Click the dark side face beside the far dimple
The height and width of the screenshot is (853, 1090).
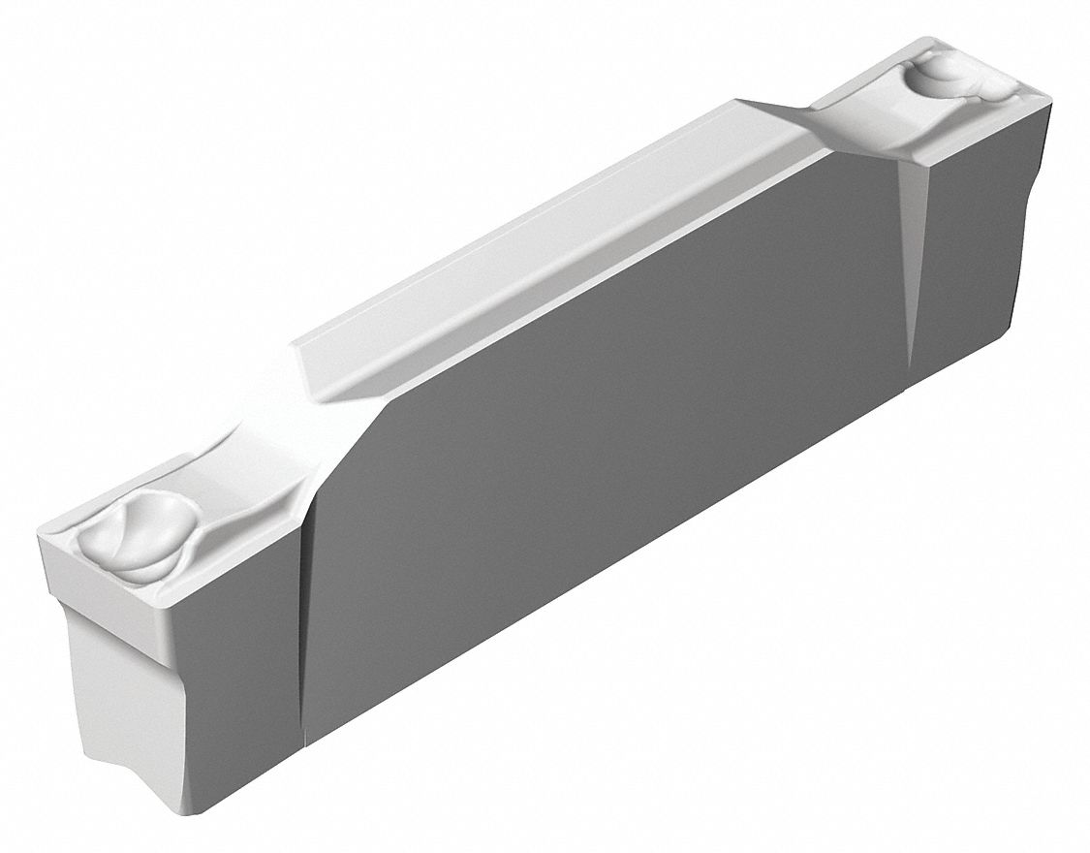coord(979,242)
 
